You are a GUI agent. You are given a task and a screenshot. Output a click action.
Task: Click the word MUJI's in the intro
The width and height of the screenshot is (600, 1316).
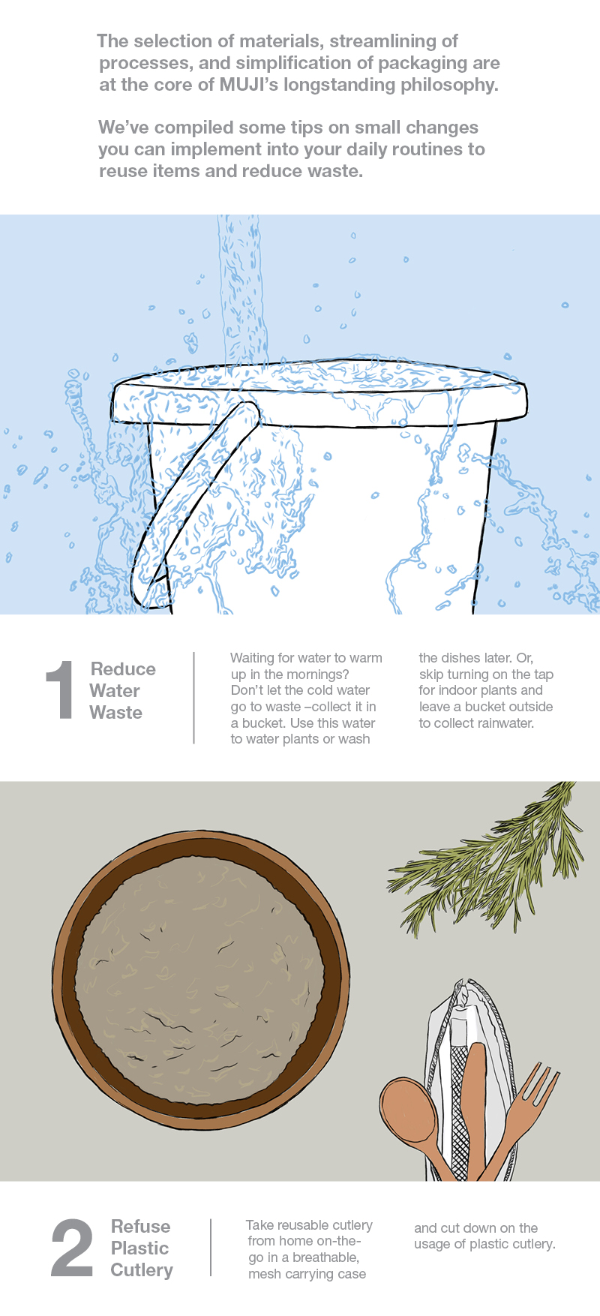[x=249, y=85]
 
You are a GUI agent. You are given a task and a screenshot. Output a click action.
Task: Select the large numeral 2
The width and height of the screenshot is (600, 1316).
[x=72, y=1248]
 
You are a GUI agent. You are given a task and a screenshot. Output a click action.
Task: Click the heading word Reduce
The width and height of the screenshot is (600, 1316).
[x=123, y=669]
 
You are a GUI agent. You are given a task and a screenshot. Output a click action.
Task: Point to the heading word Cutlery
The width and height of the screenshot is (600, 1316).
[x=142, y=1270]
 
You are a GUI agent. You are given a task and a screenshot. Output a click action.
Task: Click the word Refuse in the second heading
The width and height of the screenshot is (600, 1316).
[x=140, y=1226]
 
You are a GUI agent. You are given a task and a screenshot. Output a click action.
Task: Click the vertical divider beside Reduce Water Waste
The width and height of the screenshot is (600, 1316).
[x=194, y=698]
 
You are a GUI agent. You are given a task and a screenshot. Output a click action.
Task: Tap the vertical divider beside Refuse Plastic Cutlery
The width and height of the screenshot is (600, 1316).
[x=211, y=1248]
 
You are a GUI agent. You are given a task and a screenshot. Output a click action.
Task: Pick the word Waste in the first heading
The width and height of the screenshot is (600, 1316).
[x=116, y=712]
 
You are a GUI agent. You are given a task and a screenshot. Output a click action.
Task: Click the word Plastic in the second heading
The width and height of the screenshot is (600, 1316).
[x=140, y=1248]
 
